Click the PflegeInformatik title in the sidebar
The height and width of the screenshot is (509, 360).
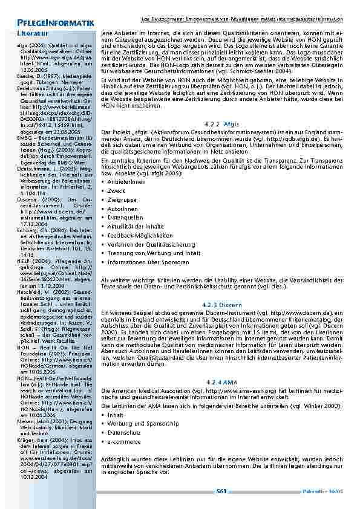pyautogui.click(x=48, y=22)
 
